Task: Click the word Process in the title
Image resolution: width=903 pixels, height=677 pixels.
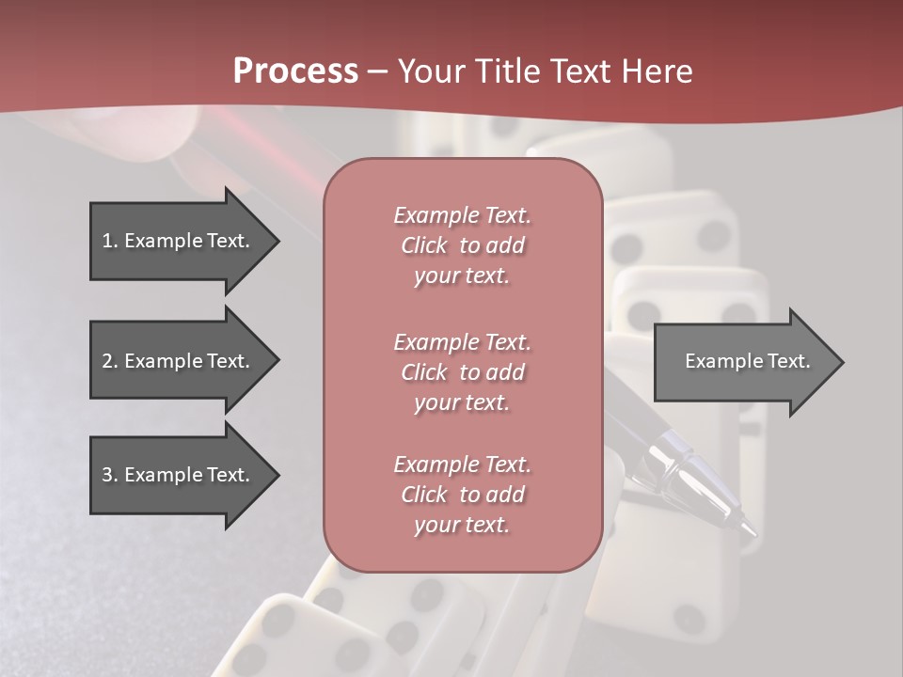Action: click(x=295, y=71)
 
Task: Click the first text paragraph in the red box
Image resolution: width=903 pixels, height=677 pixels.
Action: click(x=462, y=245)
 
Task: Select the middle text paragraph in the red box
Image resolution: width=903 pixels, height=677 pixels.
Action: click(x=462, y=372)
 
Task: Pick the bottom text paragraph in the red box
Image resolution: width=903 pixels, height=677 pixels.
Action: click(x=462, y=495)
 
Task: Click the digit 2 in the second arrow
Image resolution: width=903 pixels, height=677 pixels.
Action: click(x=107, y=361)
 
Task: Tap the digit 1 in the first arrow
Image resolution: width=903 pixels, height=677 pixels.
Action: click(x=107, y=241)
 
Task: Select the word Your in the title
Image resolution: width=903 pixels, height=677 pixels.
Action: click(x=430, y=71)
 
